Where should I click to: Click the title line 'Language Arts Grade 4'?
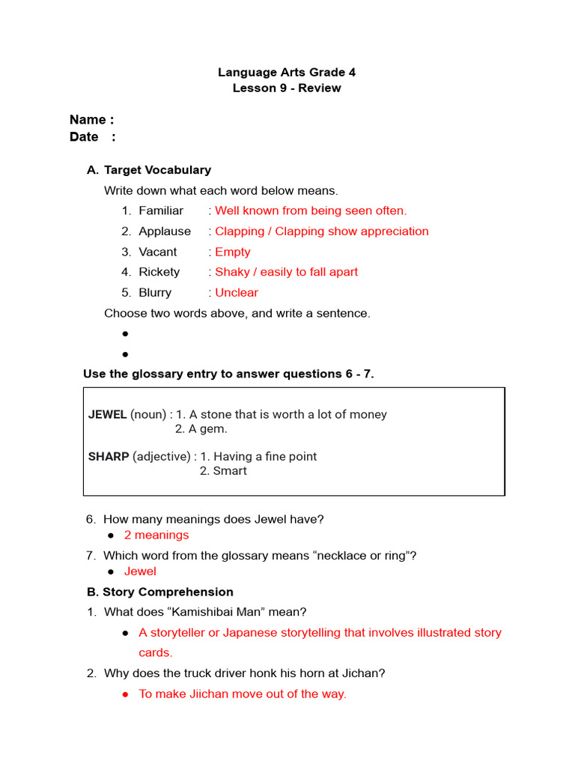coord(287,73)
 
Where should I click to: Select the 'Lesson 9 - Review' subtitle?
coord(287,88)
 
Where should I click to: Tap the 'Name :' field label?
coord(91,120)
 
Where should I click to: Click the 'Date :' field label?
coord(92,136)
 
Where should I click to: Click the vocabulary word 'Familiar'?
coord(160,211)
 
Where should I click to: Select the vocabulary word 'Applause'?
coord(165,231)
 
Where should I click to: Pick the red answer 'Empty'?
coord(232,252)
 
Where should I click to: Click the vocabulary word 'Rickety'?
coord(159,272)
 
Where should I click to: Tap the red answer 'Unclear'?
coord(237,293)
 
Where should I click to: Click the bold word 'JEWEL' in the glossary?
coord(108,414)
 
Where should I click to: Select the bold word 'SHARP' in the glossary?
coord(109,456)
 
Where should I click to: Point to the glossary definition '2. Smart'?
coord(223,471)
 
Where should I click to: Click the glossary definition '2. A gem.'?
coord(201,429)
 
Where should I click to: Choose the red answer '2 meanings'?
coord(156,535)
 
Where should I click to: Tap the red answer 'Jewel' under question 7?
coord(140,572)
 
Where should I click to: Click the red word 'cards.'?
coord(156,652)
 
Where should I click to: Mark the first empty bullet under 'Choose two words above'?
coord(125,333)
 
